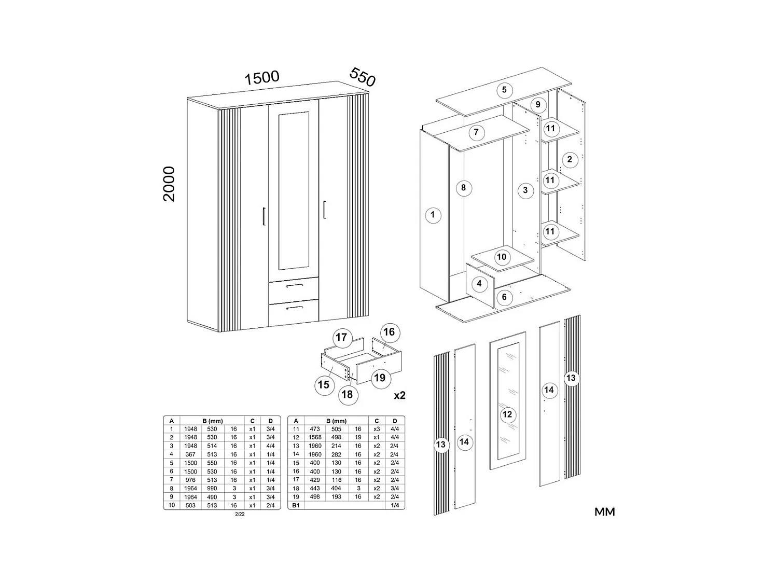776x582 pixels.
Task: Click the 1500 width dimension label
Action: click(x=262, y=78)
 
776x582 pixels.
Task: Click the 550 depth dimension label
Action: click(x=362, y=77)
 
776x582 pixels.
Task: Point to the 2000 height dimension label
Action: click(x=170, y=184)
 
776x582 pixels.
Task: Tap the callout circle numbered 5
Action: click(x=504, y=90)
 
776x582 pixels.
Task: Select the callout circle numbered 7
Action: click(x=476, y=132)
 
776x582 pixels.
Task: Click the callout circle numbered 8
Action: click(x=464, y=188)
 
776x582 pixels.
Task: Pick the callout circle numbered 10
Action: click(x=501, y=257)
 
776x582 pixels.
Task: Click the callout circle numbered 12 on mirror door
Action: click(x=507, y=414)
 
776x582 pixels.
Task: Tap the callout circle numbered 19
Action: click(x=380, y=378)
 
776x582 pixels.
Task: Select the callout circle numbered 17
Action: click(x=341, y=338)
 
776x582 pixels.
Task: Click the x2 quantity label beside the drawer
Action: click(x=399, y=395)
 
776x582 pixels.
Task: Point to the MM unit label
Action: click(x=604, y=512)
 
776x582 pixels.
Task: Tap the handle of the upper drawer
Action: click(x=294, y=285)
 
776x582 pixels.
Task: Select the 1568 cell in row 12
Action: click(x=315, y=437)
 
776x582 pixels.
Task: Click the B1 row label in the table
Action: click(x=296, y=505)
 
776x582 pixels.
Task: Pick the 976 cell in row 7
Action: click(x=190, y=480)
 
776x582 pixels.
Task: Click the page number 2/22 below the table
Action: click(x=240, y=514)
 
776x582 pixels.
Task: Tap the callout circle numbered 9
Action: click(x=538, y=105)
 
